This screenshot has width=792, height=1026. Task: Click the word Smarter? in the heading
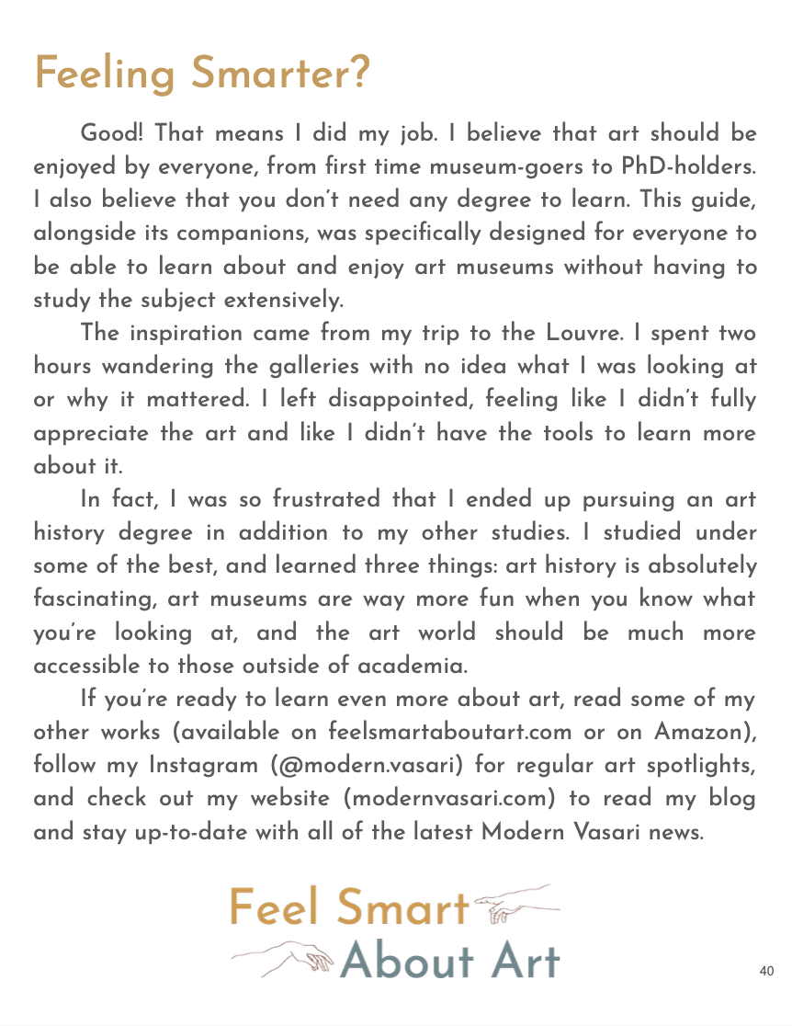[x=280, y=73]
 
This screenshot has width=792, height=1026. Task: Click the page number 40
[x=767, y=971]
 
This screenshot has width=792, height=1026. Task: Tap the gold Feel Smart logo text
[x=349, y=908]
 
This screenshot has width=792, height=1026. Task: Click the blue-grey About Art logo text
[x=449, y=960]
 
